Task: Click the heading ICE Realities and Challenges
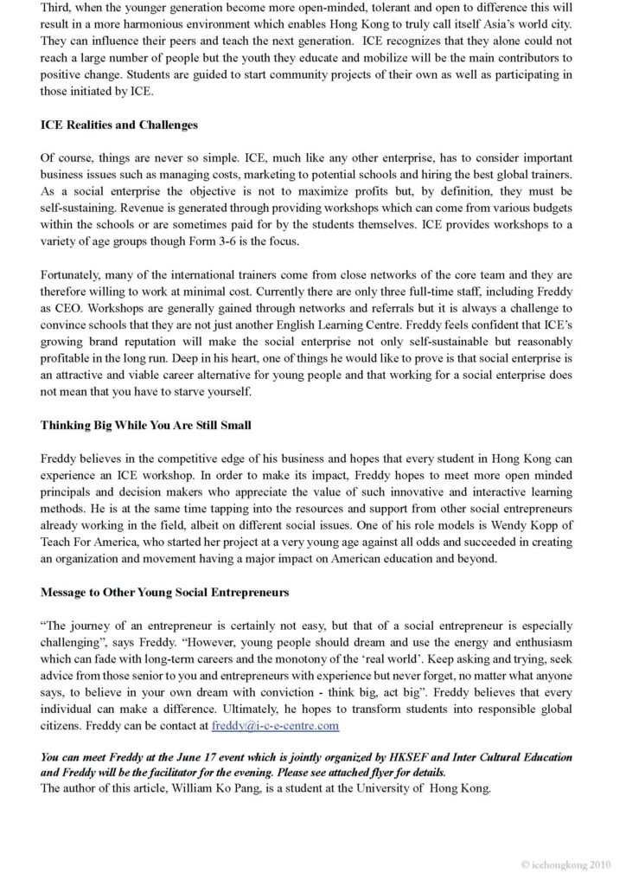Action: point(119,125)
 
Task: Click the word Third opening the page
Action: point(56,8)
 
